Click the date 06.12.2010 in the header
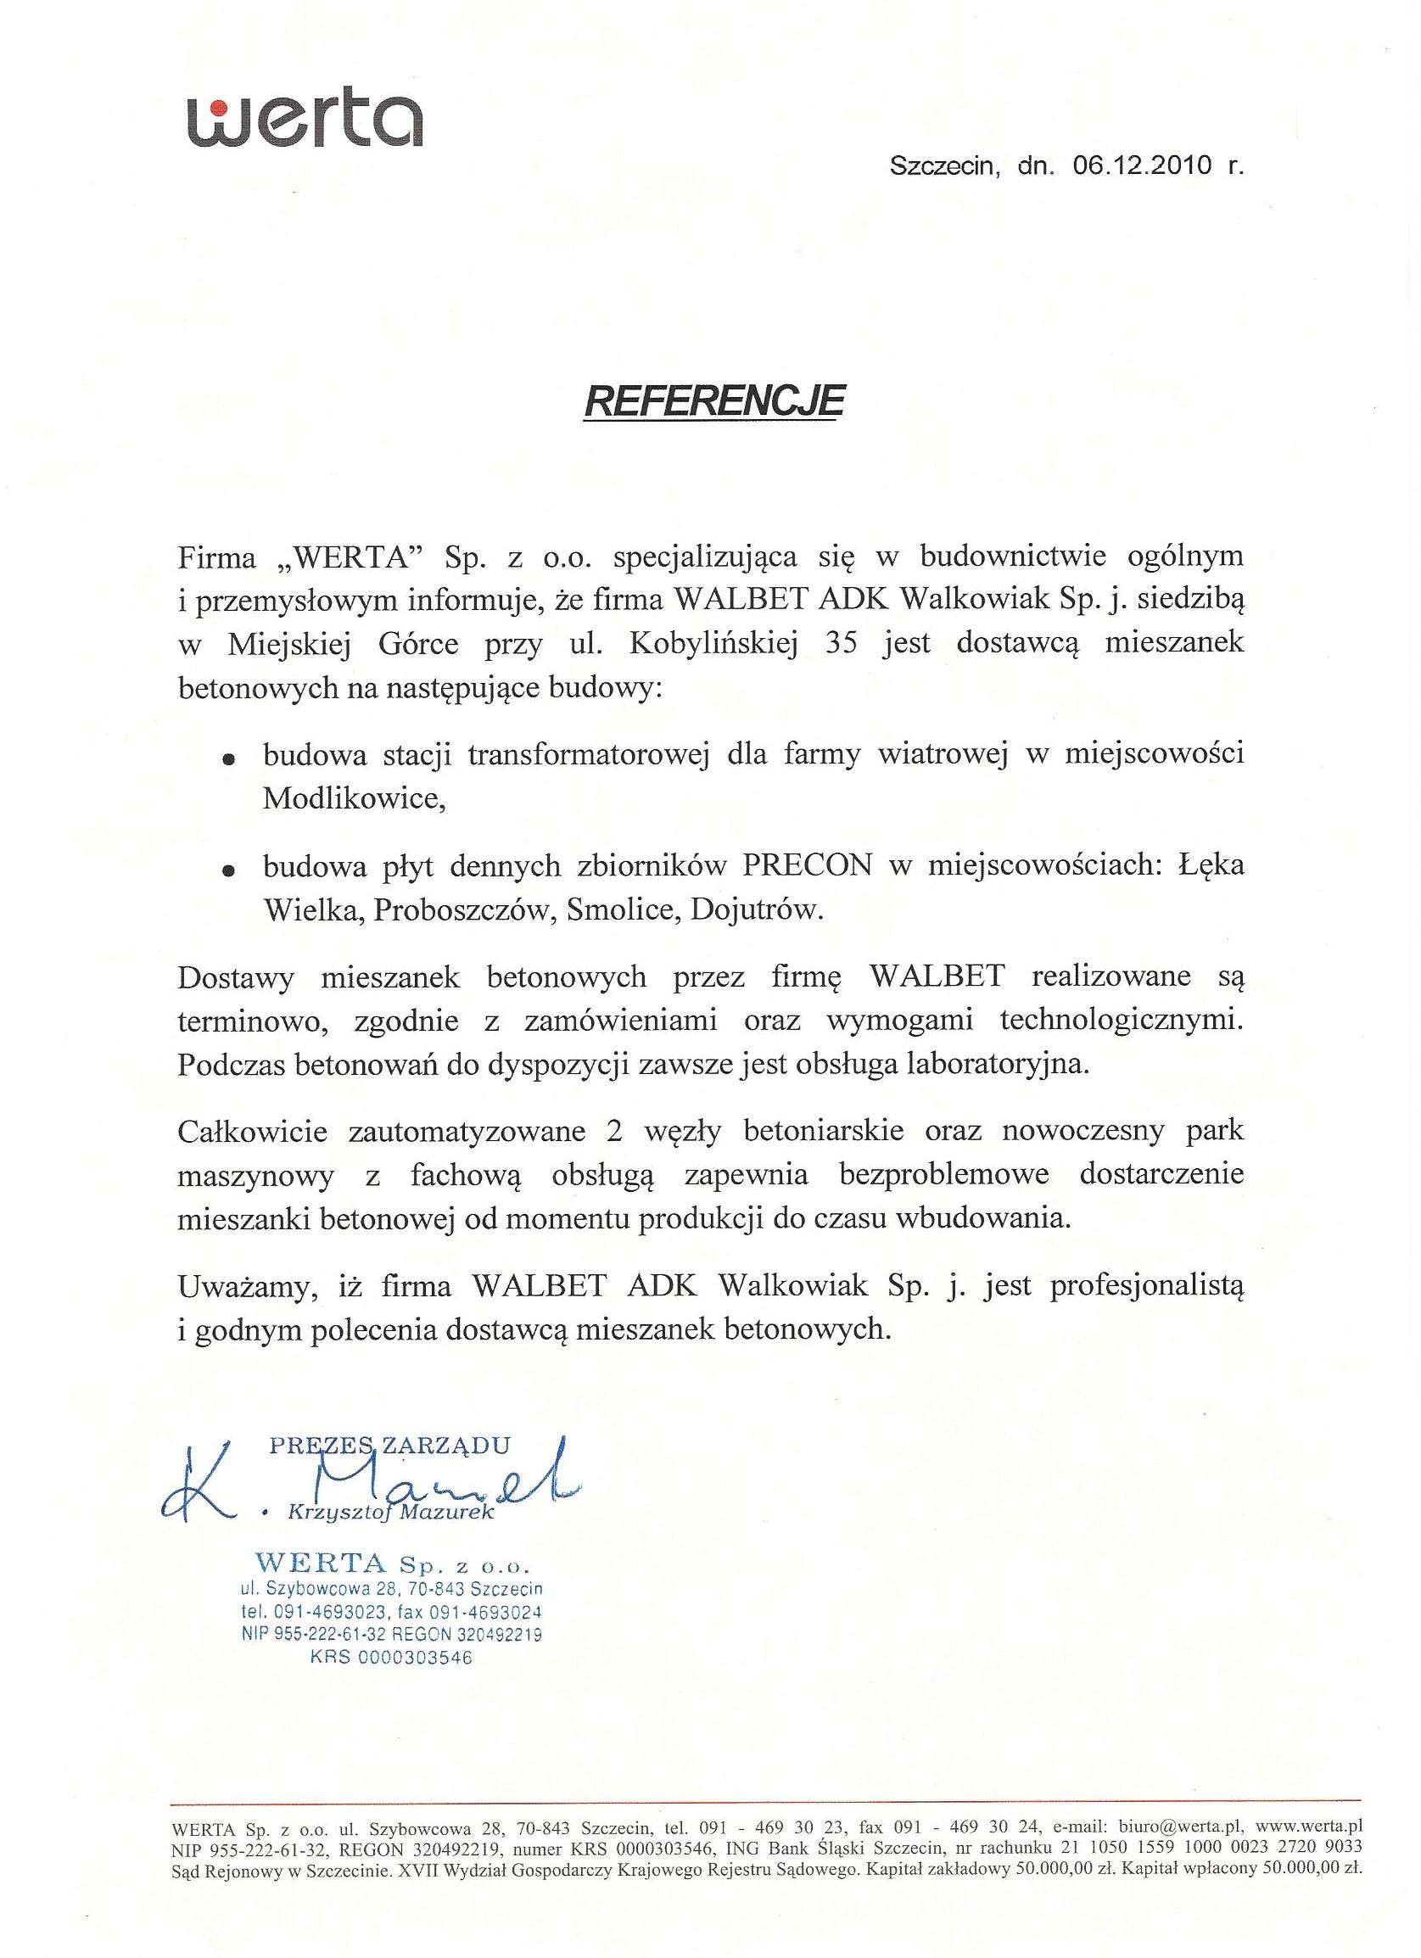[1143, 166]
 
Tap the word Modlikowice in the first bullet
[354, 799]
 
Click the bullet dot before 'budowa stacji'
[229, 760]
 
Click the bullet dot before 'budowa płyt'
[229, 871]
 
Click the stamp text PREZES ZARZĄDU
[389, 1446]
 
